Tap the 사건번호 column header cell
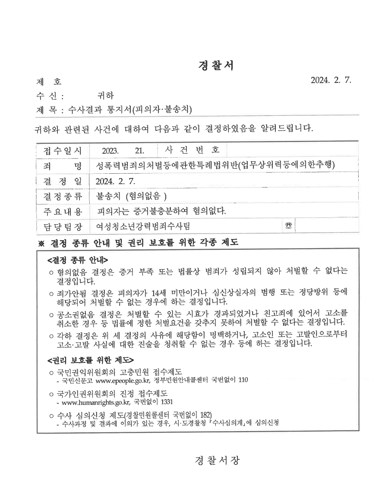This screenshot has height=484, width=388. click(x=192, y=150)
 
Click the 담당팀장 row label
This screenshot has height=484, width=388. click(x=62, y=226)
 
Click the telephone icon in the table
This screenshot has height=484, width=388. click(x=288, y=226)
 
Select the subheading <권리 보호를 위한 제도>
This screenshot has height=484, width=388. click(x=90, y=359)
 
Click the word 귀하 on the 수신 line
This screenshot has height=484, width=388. click(x=106, y=95)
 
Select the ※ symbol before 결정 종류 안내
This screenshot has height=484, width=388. click(x=41, y=243)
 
